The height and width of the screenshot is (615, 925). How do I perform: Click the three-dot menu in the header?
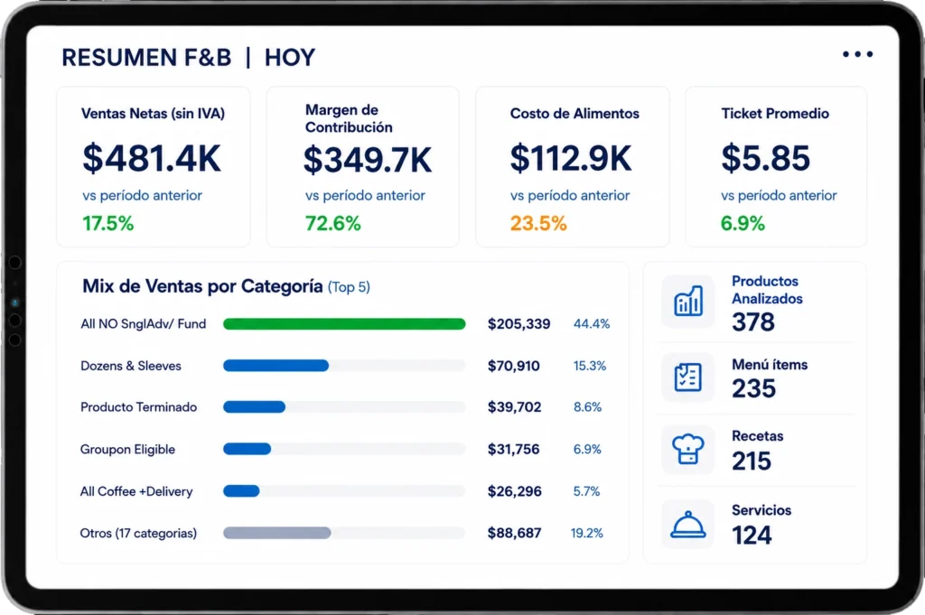[858, 54]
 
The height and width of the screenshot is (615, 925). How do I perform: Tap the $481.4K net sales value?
[152, 158]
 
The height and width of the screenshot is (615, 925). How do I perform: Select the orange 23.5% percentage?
[538, 223]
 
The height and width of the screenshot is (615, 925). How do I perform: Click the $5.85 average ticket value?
[765, 158]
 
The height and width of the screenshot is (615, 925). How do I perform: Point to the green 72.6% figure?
[332, 223]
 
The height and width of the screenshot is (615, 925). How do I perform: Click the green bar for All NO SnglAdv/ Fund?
[344, 323]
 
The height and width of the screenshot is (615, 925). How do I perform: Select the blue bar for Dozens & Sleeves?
[276, 366]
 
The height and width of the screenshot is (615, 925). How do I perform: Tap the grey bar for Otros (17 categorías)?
[276, 533]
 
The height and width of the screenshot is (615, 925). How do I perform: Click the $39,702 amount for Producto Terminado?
[514, 407]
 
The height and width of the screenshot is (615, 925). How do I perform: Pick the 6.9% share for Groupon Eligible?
[587, 450]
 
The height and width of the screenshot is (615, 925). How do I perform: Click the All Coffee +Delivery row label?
[136, 491]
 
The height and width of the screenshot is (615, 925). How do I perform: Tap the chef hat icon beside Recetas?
[687, 450]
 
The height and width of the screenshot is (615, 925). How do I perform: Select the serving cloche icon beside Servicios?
[687, 524]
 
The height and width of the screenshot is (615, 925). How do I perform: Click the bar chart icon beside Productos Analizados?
[687, 302]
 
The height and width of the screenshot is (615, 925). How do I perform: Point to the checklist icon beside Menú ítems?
[687, 377]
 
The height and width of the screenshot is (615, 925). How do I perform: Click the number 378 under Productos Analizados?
[753, 321]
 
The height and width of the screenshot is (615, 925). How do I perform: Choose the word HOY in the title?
[290, 58]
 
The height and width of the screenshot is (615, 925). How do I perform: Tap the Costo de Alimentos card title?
[575, 113]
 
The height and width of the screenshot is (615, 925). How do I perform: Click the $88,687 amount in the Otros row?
[514, 533]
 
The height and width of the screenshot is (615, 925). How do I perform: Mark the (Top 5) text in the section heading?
[349, 287]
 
